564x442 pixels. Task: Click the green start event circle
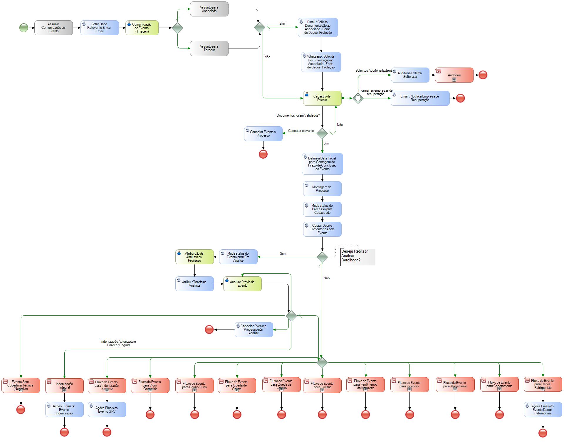tap(24, 28)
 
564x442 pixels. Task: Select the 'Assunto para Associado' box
tap(209, 9)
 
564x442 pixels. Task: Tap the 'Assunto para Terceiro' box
tap(209, 48)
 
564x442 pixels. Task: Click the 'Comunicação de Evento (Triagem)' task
tap(142, 28)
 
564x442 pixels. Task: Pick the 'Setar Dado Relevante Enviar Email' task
tap(100, 28)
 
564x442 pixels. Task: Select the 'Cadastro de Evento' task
tap(322, 98)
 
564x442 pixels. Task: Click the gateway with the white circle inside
tap(358, 98)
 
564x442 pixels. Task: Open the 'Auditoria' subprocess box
tap(454, 75)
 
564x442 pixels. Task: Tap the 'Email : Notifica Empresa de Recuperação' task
tap(420, 98)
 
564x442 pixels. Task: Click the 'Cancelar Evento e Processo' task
tap(263, 134)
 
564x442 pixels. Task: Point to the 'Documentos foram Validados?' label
tap(298, 115)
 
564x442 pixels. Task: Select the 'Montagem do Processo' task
tap(322, 189)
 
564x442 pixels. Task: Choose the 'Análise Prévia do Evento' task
tap(242, 284)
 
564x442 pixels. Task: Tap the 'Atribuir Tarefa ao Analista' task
tap(194, 284)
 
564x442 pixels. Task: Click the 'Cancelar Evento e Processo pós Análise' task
tap(254, 330)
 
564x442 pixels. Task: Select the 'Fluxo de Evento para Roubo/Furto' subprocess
tap(194, 385)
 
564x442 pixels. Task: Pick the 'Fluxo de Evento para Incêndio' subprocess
tap(409, 385)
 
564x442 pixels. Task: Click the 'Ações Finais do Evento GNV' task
tap(107, 409)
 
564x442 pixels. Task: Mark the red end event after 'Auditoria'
tap(483, 75)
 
